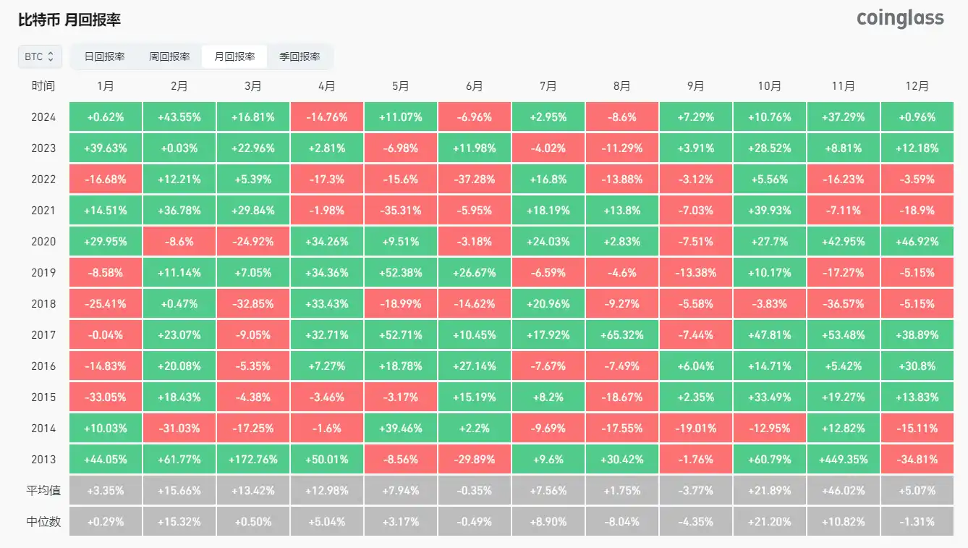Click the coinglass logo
[900, 18]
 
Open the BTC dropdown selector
[40, 56]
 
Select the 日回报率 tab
[104, 56]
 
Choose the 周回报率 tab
[169, 56]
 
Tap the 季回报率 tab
[300, 56]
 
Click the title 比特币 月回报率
[69, 20]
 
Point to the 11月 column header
[843, 86]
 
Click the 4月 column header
[326, 86]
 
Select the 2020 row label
[43, 242]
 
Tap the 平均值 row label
[43, 491]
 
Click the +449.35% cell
[843, 460]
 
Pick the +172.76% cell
[252, 460]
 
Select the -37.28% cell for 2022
[474, 180]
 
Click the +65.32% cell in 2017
[621, 335]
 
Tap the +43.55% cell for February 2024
[179, 117]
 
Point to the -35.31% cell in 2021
[400, 211]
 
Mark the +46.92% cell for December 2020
[917, 242]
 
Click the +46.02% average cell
[843, 491]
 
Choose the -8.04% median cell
[621, 522]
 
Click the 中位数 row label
[43, 522]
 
